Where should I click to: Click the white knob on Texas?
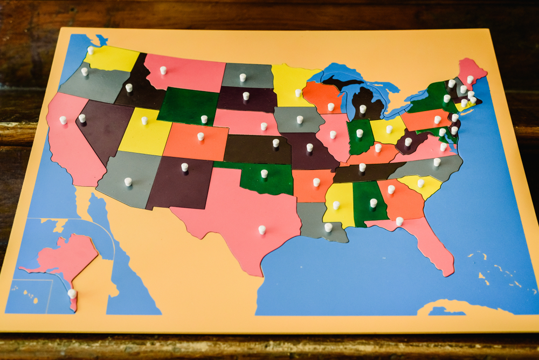(x=262, y=230)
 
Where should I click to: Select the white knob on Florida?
(x=399, y=221)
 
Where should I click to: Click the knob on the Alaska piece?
(x=72, y=294)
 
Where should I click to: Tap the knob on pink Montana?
(x=163, y=70)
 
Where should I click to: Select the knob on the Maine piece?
(x=470, y=79)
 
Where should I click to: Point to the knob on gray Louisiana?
(x=328, y=227)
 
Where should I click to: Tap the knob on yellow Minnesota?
(x=298, y=93)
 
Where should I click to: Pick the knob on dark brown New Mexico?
(x=184, y=167)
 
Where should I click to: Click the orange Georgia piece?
(x=402, y=199)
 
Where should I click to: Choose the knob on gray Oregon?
(x=85, y=71)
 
